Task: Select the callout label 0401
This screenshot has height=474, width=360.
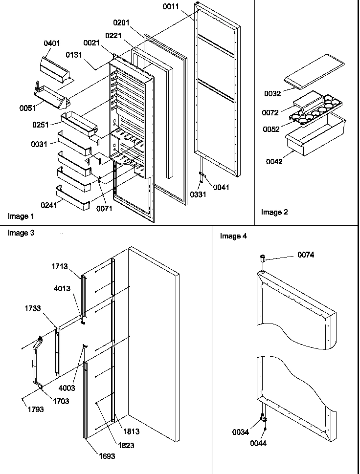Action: (x=52, y=43)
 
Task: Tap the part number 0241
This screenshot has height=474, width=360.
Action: (x=49, y=205)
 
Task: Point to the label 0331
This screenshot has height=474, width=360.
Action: (x=198, y=194)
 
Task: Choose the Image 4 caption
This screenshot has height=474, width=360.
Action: (x=233, y=236)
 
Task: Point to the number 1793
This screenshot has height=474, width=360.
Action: (x=36, y=409)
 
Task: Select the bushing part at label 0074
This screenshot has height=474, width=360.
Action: (x=263, y=257)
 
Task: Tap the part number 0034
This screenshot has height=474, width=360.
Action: (x=241, y=432)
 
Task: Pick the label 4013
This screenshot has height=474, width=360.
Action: (x=62, y=289)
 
